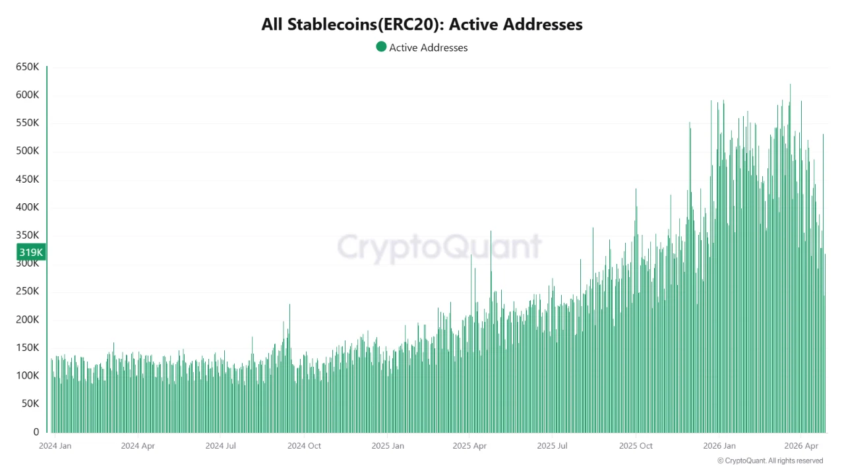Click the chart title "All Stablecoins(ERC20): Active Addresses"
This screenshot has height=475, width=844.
click(422, 24)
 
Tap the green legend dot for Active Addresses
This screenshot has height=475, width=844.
click(381, 47)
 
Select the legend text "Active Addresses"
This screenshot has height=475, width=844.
click(428, 47)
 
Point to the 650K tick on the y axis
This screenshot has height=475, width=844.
click(27, 67)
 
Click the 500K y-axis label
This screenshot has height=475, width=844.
click(27, 151)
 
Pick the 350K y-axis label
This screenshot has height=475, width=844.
click(27, 236)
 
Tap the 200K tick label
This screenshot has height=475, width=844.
click(27, 320)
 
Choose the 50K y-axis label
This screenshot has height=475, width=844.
click(30, 404)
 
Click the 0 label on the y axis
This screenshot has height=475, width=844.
click(36, 432)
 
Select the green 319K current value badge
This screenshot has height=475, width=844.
click(31, 252)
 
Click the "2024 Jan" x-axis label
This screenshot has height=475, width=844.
click(55, 446)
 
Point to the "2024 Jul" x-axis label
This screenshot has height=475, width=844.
click(221, 446)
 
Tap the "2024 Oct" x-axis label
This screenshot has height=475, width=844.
click(304, 446)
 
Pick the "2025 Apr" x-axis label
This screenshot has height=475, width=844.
click(469, 446)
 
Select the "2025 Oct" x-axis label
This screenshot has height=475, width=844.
click(636, 446)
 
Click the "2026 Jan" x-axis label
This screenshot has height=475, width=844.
click(719, 446)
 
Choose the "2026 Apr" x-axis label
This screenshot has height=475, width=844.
click(802, 446)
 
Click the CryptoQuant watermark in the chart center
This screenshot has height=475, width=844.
click(439, 247)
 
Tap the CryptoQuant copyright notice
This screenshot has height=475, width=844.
click(770, 460)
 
